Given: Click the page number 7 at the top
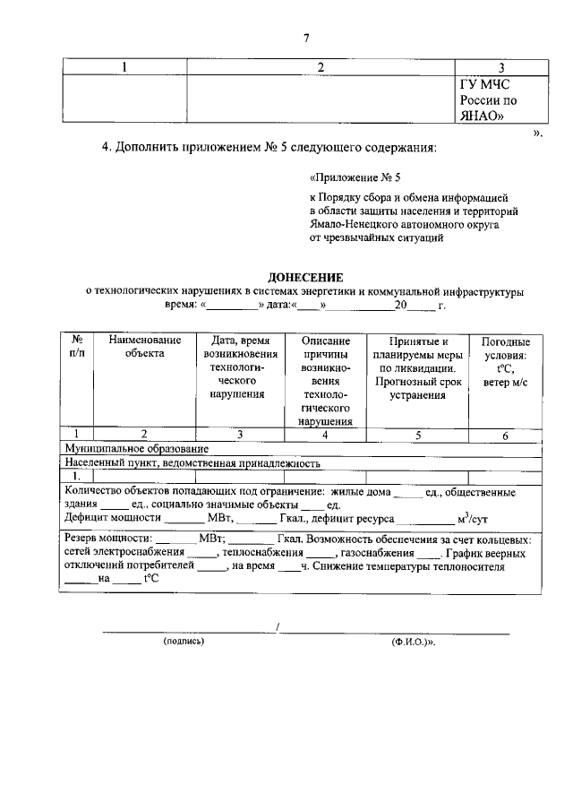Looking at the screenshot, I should (305, 37).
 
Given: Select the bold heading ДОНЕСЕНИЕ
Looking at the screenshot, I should (306, 279).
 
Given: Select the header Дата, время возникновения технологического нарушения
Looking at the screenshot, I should (235, 367).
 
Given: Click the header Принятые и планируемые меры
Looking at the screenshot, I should (418, 368).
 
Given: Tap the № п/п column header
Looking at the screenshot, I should (78, 348).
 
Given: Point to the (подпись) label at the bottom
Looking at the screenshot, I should (184, 642).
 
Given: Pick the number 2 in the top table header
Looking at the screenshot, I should (320, 67).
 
